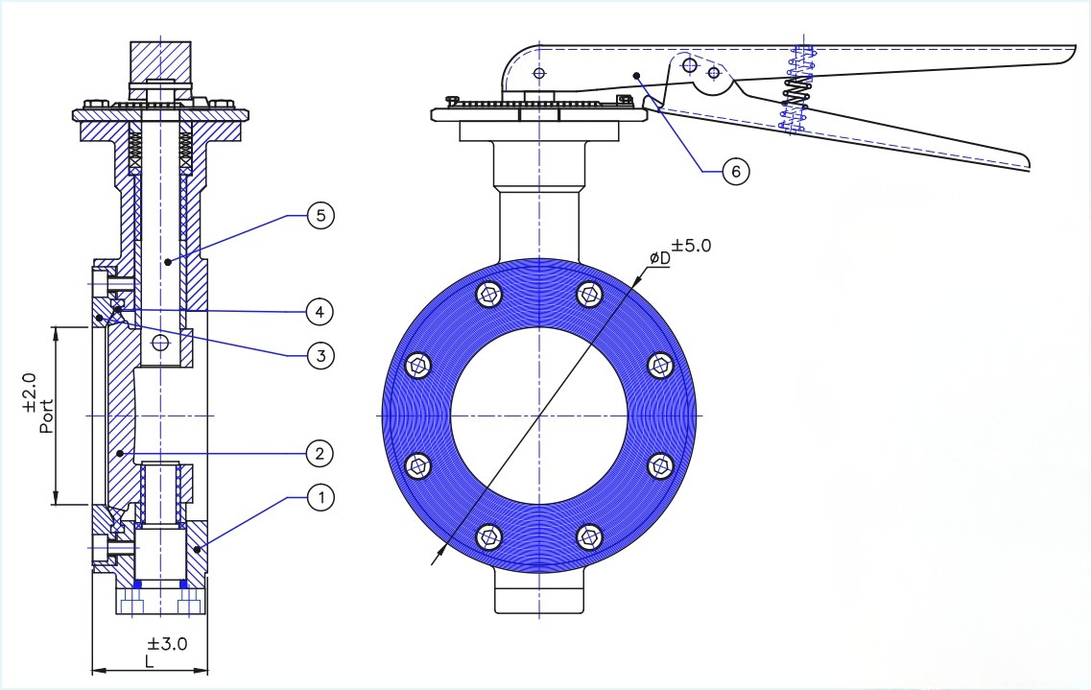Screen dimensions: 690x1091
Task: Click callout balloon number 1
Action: pos(320,498)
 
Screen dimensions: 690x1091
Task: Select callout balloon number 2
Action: pos(320,452)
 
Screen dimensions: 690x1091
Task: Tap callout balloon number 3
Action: pos(320,356)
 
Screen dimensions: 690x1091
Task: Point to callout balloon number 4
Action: pos(320,311)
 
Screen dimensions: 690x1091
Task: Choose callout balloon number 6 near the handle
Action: pos(734,172)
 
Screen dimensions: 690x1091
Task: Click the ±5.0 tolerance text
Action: pos(691,245)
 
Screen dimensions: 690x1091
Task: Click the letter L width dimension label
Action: pos(149,662)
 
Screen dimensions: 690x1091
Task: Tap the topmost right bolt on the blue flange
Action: pos(588,295)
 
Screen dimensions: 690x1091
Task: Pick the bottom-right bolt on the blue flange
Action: pos(588,536)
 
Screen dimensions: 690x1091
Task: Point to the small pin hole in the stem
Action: pos(160,343)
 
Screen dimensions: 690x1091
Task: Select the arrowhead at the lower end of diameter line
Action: pos(437,554)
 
